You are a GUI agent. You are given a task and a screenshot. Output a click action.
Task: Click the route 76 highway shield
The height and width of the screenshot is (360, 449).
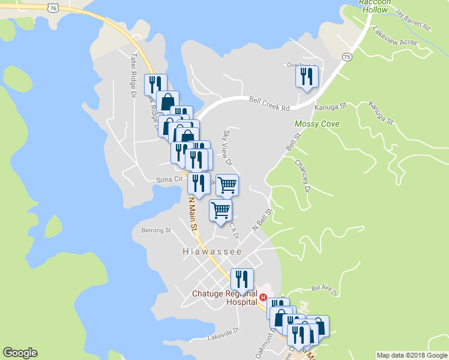tap(54, 8)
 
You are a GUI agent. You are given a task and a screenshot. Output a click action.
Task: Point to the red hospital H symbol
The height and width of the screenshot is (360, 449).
tap(263, 296)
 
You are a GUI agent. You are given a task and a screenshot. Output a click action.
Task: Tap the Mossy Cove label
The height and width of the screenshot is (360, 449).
tap(317, 124)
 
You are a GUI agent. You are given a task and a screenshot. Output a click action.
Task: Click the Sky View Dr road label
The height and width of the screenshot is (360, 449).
tap(227, 147)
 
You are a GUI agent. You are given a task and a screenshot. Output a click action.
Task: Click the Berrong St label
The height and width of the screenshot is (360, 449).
tap(156, 230)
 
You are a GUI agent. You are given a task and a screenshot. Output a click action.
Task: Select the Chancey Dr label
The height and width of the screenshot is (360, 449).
tap(302, 175)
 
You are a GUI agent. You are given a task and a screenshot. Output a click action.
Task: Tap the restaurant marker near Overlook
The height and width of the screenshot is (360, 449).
tap(306, 77)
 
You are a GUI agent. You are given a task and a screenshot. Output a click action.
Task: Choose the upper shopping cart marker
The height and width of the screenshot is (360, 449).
tap(228, 184)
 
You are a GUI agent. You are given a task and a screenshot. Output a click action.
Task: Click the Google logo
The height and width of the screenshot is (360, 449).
tap(20, 353)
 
